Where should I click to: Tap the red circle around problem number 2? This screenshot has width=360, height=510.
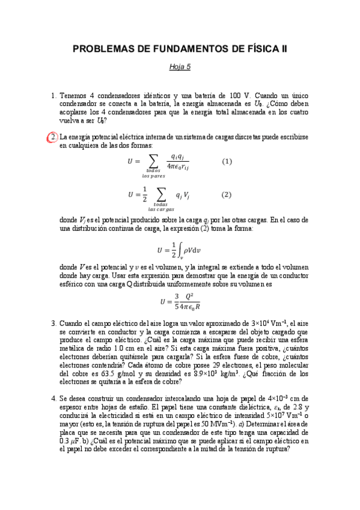point(52,138)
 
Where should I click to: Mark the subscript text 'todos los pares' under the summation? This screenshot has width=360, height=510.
point(153,173)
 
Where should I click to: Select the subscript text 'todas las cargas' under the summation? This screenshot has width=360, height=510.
point(160,206)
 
